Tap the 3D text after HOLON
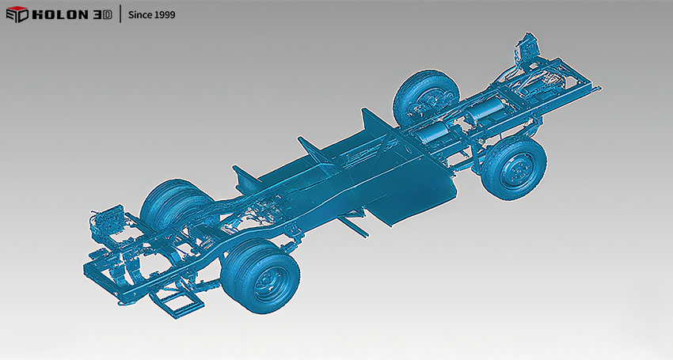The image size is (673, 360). (102, 14)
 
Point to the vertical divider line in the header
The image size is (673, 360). (120, 13)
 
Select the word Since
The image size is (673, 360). (140, 14)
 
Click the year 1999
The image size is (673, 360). (165, 14)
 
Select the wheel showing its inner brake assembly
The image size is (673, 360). (426, 99)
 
